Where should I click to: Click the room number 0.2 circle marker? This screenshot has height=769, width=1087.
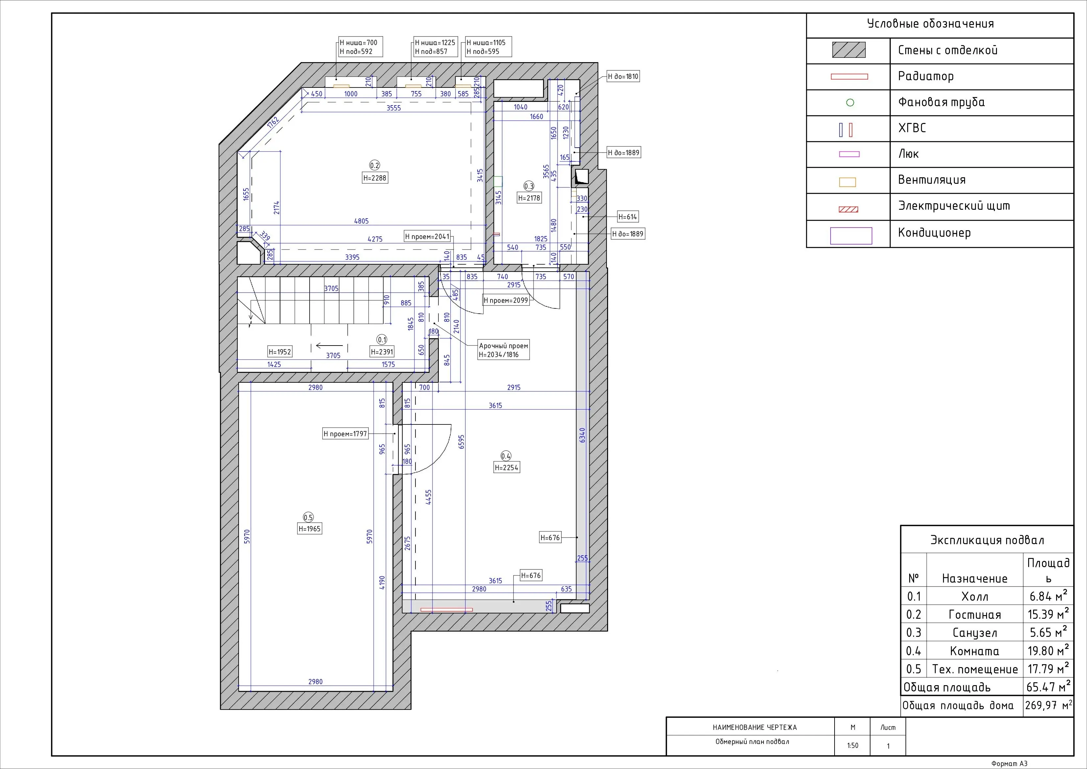point(374,165)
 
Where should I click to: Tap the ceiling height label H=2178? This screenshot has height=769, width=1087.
point(529,198)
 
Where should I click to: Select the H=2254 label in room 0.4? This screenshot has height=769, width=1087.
point(506,468)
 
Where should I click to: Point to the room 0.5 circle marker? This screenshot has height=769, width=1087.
point(308,517)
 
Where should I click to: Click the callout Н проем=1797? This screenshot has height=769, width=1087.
point(345,434)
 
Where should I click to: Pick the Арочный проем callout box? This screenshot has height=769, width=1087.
point(503,350)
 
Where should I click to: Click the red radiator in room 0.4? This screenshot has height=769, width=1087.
point(446,610)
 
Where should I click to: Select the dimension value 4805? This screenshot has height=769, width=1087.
point(361,221)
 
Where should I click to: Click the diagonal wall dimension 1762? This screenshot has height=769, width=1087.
point(273,122)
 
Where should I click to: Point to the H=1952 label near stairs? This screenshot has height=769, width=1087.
point(280,352)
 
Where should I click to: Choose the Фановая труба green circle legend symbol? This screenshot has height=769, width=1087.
point(850,102)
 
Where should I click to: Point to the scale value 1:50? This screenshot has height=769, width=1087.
point(853,745)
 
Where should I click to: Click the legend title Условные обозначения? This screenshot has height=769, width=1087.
point(930,24)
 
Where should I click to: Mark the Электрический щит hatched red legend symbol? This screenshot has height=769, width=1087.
point(848,209)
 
